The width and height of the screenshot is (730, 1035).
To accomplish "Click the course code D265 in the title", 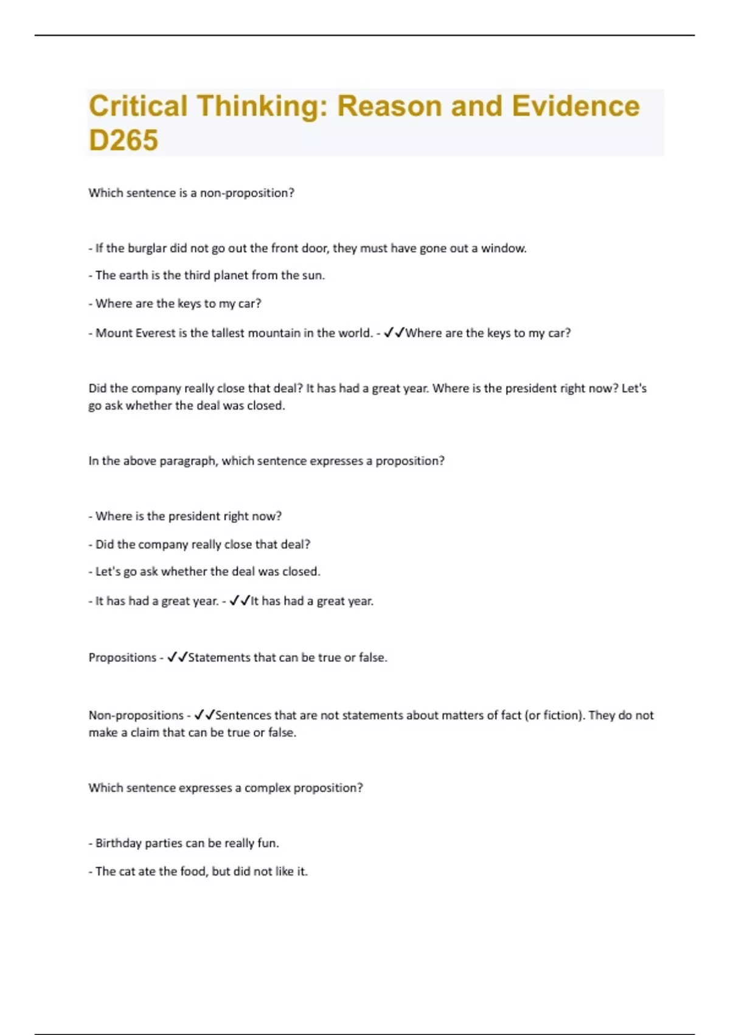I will (x=123, y=140).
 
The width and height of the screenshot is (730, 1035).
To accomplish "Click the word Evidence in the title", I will (x=575, y=106).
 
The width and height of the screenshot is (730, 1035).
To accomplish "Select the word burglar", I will (x=147, y=248).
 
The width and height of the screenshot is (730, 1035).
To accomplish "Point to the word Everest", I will (x=155, y=333).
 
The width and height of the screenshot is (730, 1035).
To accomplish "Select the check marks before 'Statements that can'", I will (x=177, y=658).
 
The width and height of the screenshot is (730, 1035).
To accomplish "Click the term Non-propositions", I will (x=136, y=715).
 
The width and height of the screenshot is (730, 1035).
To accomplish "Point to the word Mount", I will (x=113, y=333).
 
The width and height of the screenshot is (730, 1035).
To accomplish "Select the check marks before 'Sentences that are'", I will (x=204, y=715).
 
